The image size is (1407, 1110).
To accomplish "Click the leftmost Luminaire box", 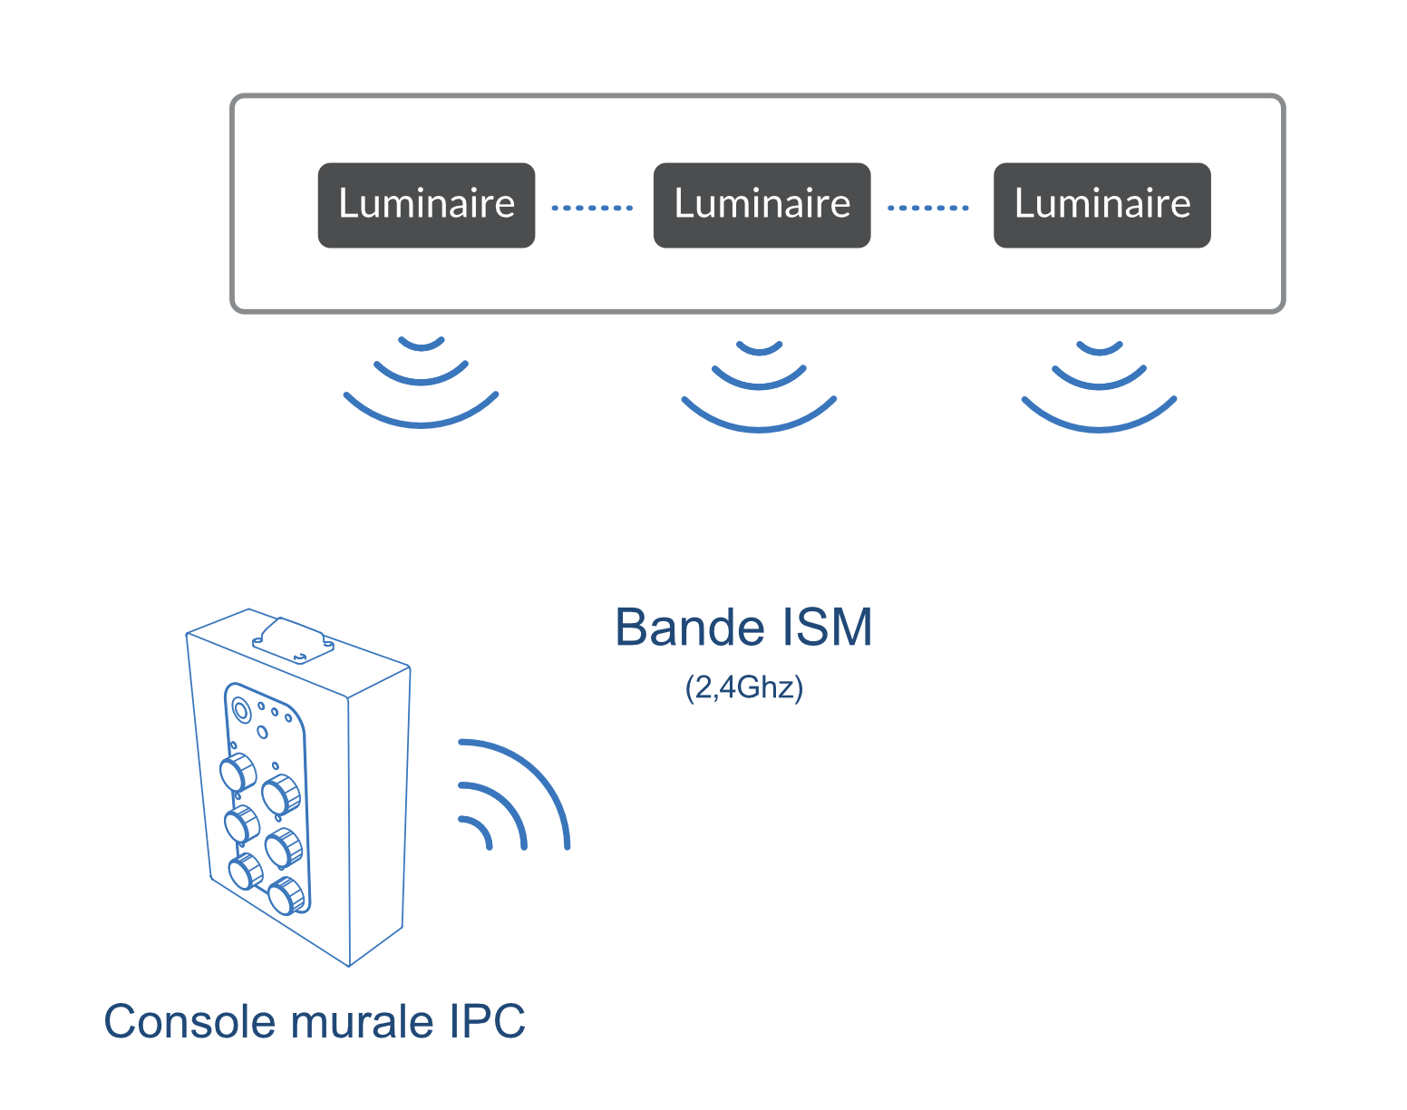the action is click(426, 205).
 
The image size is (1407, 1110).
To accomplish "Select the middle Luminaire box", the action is click(762, 205).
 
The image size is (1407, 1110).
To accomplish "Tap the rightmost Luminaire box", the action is click(1101, 205).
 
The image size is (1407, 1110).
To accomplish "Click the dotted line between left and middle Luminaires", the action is click(592, 208).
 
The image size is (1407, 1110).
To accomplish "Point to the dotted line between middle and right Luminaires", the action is click(927, 208).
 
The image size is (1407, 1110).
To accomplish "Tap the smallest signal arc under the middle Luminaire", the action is click(759, 352).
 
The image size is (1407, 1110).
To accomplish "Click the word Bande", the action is click(690, 628).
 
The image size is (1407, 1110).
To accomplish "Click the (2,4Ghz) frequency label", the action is click(744, 688).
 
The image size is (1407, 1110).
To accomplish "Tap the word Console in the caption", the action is click(189, 1021).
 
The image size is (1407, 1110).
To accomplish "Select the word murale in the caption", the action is click(362, 1021).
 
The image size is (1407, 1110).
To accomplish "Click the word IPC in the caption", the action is click(487, 1021).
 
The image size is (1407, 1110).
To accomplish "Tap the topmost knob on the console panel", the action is click(238, 773).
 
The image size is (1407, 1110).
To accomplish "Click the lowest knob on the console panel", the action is click(286, 895).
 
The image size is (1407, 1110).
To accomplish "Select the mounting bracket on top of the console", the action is click(293, 641).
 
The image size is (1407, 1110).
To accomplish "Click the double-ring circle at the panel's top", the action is click(241, 710).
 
